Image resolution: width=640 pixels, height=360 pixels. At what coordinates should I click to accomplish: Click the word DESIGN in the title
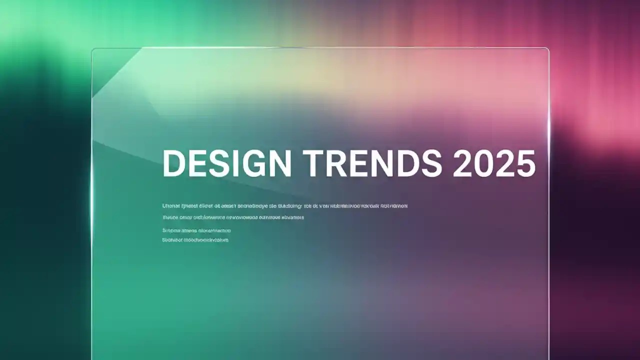point(227,163)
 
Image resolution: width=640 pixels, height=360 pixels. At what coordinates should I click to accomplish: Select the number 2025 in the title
point(494,163)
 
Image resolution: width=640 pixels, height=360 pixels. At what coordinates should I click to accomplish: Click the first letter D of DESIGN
point(173,163)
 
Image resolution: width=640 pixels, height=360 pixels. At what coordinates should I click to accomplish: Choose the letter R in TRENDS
point(338,163)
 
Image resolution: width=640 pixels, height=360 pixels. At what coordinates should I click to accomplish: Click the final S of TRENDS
point(430,163)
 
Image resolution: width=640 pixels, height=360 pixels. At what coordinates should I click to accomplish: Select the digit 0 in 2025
point(483,163)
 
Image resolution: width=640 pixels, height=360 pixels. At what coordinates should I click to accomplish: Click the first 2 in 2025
point(463,163)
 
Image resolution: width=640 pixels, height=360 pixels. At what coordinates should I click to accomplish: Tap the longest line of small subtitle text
point(285,205)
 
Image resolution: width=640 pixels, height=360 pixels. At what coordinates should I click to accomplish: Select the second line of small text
point(233,217)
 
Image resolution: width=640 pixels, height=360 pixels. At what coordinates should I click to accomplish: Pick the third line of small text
point(196,230)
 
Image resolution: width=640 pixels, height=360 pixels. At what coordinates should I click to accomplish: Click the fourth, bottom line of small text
point(195,240)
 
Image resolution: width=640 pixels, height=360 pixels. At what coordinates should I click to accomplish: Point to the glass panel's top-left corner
point(93,49)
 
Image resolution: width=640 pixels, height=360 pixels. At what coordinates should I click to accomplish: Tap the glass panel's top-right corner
point(547,49)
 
